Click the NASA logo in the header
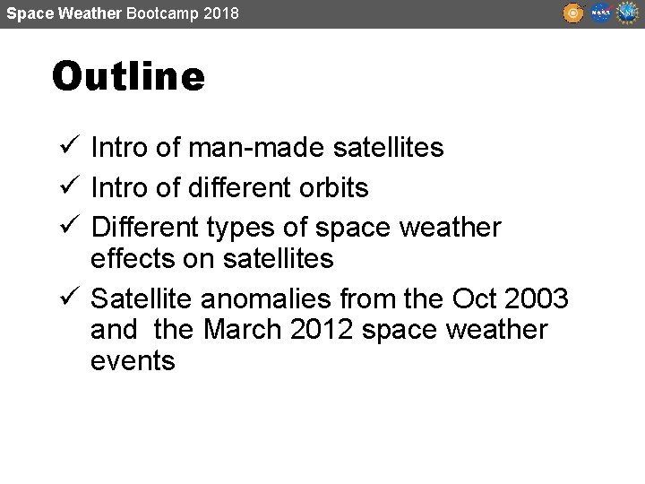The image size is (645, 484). click(600, 13)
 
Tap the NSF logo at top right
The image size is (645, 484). click(626, 13)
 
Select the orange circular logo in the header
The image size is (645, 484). click(573, 13)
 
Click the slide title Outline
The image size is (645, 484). click(128, 77)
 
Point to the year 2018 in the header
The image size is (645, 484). click(221, 13)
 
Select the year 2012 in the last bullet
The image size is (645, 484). click(323, 330)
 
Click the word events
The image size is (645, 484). click(133, 361)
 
